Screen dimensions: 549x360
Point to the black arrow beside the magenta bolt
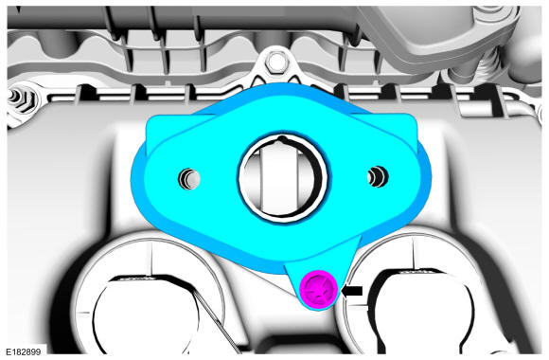tap(351, 291)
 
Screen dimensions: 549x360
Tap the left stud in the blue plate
tap(189, 178)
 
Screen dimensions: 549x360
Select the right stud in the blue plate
tap(378, 176)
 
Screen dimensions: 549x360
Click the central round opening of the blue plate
tap(283, 178)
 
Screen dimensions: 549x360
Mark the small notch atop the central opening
tap(281, 139)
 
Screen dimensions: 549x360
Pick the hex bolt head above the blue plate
tap(277, 62)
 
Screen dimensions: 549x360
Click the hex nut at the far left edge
tap(20, 99)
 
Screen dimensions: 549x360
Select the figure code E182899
tap(24, 351)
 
